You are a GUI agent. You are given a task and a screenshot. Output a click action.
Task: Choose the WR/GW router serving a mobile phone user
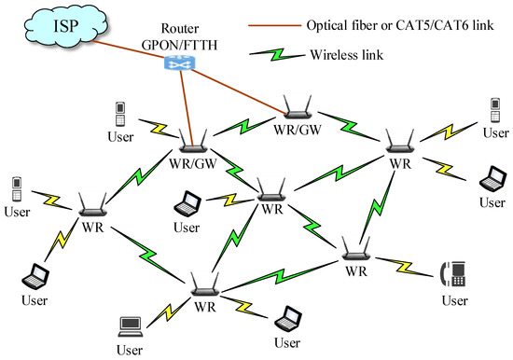(194, 140)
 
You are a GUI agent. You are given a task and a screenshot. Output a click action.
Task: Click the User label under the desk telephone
(453, 300)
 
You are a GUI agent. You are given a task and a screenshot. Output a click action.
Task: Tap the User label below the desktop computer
(131, 350)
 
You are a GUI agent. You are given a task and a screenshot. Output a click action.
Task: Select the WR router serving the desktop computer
(204, 285)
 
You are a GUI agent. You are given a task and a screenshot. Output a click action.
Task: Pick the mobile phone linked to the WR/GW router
(119, 114)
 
